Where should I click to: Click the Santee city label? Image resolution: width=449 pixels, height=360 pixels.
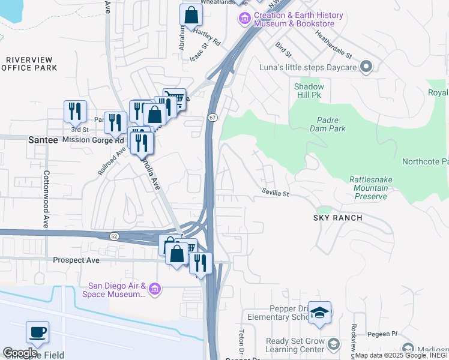point(43,139)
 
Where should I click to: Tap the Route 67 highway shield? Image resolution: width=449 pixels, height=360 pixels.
point(212,118)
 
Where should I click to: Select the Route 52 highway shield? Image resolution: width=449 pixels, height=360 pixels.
point(114,236)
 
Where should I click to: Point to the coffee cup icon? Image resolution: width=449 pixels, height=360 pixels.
point(37,332)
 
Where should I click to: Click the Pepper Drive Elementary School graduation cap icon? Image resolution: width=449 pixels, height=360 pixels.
point(320,312)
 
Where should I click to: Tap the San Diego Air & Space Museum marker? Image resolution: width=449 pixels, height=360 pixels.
point(155,290)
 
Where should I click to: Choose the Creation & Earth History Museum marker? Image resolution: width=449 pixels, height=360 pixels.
point(244,19)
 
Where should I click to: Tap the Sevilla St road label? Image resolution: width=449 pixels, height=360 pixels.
point(275,193)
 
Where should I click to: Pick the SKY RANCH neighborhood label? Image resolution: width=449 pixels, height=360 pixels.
point(338,218)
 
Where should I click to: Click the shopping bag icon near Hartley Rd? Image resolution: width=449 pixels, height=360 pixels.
point(190,16)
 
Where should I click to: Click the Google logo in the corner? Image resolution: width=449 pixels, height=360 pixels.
point(20,353)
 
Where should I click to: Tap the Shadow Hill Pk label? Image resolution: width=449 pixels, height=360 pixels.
point(309,91)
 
